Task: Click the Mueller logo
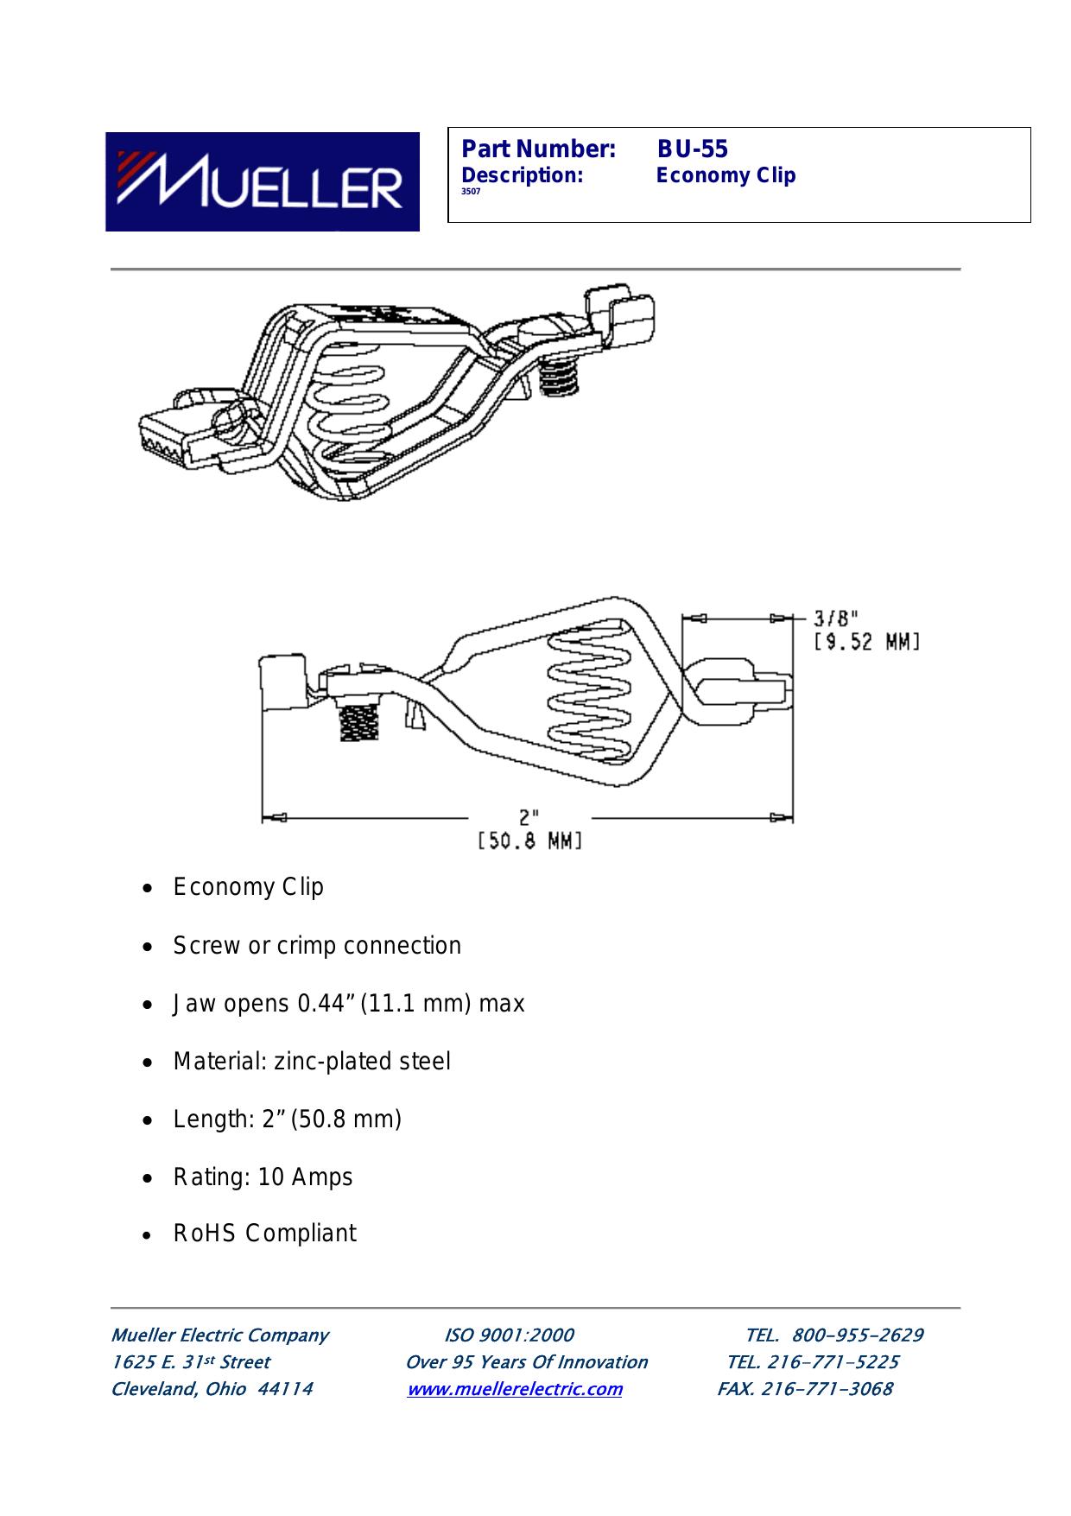263,181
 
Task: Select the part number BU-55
693,149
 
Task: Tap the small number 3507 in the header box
472,192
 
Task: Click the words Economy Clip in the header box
726,175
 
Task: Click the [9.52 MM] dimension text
866,643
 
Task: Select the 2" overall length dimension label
529,816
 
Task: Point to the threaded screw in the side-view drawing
353,722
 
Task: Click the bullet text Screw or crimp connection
317,946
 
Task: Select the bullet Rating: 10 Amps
263,1177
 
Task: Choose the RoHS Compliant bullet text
264,1234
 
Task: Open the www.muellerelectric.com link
515,1389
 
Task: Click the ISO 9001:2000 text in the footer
509,1335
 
